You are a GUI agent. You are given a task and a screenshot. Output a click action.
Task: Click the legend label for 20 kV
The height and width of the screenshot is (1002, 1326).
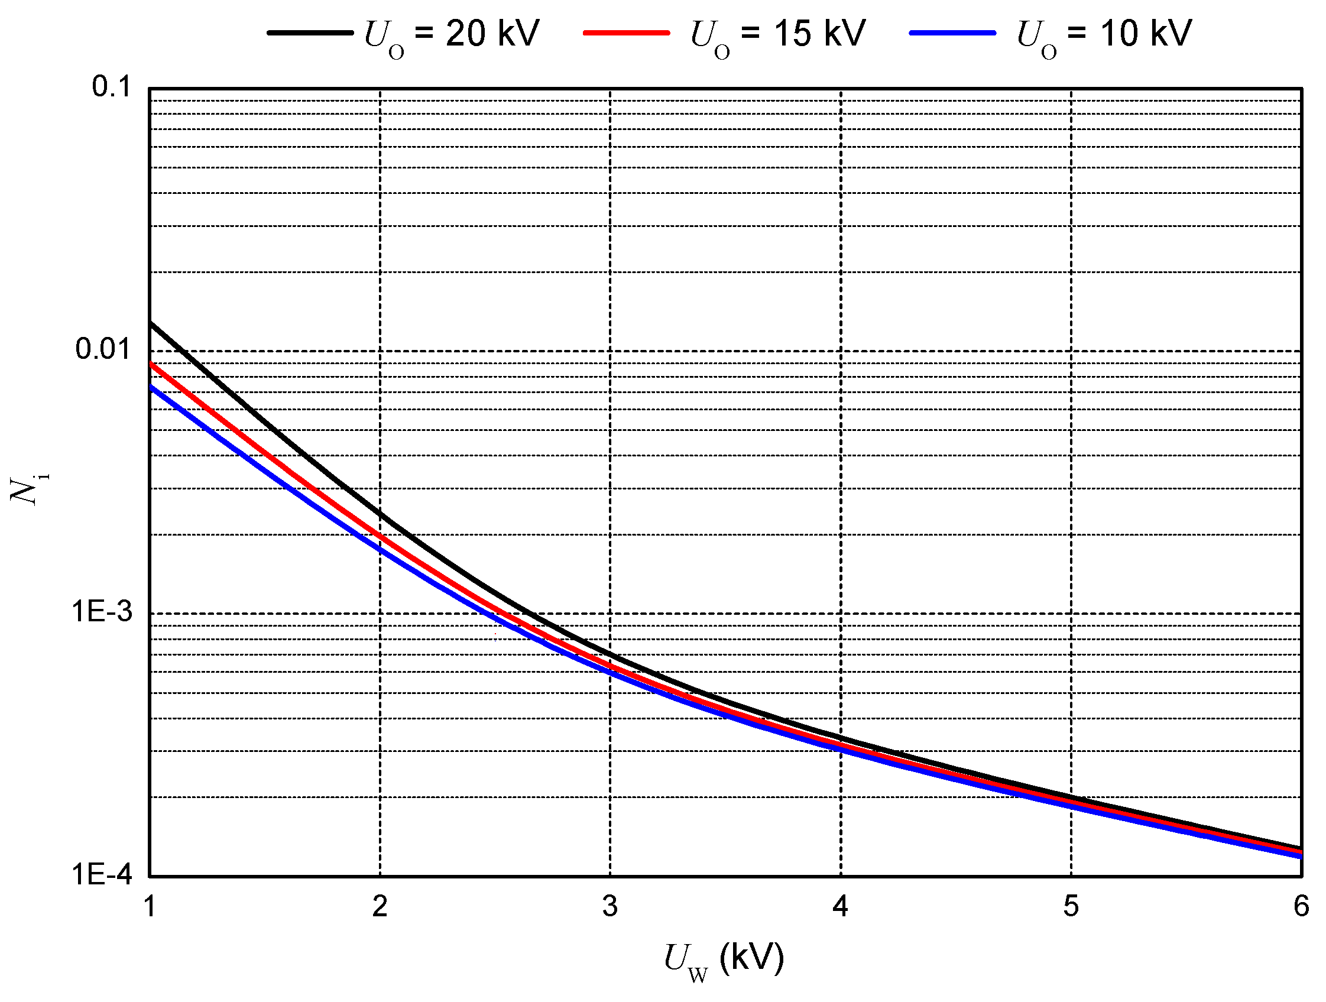tap(452, 35)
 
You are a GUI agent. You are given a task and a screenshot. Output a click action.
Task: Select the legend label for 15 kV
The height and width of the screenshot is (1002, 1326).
tap(778, 35)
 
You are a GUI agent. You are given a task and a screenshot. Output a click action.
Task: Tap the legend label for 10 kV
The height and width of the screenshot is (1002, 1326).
tap(1104, 35)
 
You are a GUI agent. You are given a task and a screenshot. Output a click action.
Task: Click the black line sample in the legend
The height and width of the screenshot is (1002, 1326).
tap(310, 33)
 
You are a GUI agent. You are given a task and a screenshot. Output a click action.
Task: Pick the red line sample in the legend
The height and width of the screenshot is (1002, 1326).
tap(627, 33)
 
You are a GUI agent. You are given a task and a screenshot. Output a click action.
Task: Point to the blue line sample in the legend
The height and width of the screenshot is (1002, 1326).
tap(952, 33)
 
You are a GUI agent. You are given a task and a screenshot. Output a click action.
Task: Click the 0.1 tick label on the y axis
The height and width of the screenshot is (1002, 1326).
tap(112, 87)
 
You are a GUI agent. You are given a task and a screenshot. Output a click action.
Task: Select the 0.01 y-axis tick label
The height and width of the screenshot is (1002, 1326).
tap(103, 349)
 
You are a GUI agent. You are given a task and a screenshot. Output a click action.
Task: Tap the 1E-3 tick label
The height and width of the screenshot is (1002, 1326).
tap(102, 612)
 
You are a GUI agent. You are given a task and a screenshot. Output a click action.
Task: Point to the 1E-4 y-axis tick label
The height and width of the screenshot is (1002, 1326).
tap(102, 875)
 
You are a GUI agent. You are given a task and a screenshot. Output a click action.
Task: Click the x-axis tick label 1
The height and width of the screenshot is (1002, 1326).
tap(150, 906)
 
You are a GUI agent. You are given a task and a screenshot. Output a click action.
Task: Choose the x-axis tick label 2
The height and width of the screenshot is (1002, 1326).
tap(380, 906)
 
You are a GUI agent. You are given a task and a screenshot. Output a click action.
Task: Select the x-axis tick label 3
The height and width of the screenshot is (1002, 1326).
tap(610, 906)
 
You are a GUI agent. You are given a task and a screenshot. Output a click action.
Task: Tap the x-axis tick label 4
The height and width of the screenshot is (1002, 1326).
tap(841, 906)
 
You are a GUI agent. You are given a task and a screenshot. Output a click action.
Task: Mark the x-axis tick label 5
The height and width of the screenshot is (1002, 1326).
tap(1071, 906)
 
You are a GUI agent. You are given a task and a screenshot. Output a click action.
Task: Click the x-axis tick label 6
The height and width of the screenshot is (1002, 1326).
tap(1301, 906)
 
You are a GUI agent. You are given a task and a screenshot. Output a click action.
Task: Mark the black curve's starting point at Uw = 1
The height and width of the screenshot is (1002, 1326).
tap(151, 323)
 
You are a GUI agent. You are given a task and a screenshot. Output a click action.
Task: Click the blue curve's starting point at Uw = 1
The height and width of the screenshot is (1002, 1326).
tap(151, 387)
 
